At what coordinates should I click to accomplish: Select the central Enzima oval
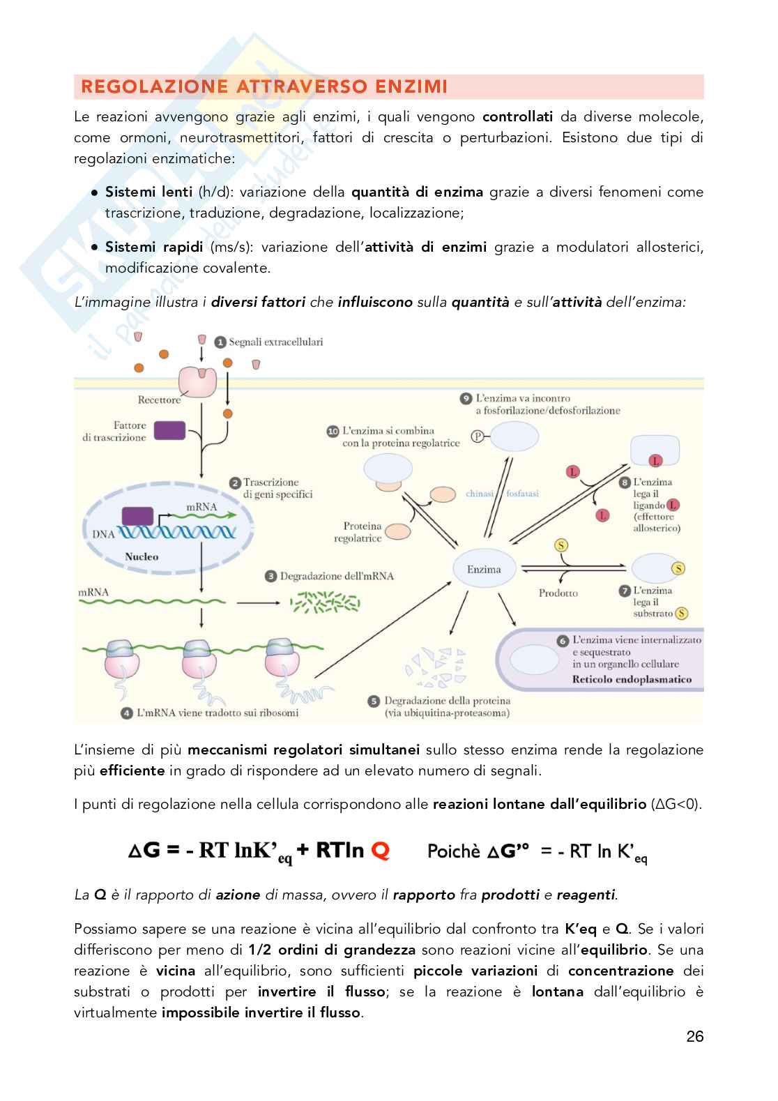(x=484, y=569)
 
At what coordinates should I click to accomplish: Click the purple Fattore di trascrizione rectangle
(x=169, y=431)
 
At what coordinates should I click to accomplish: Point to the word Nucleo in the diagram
(x=142, y=556)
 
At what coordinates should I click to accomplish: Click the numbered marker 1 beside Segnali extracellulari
(x=220, y=342)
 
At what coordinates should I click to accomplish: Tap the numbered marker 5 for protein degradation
(x=374, y=701)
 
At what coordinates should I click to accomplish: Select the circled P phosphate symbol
(x=478, y=436)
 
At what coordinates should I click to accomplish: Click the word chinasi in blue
(x=480, y=494)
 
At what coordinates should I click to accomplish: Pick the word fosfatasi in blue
(x=522, y=494)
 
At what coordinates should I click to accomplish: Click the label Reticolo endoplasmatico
(x=632, y=679)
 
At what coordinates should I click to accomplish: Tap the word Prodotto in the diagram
(x=558, y=593)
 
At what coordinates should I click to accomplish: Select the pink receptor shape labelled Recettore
(x=199, y=380)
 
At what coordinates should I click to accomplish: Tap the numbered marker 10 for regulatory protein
(x=333, y=432)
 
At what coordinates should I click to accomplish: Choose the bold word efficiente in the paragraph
(x=132, y=770)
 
